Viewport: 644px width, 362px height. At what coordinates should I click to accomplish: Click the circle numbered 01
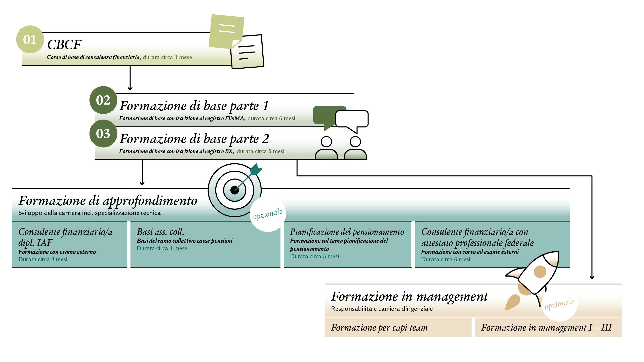tap(30, 39)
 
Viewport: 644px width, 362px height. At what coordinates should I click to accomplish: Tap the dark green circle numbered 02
tap(103, 100)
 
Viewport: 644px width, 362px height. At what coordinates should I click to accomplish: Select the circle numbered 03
tap(103, 133)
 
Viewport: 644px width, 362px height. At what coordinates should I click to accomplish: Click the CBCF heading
tap(64, 45)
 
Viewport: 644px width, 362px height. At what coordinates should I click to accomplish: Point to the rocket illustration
tap(532, 280)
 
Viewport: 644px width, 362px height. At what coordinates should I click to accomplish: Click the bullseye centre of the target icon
tap(234, 190)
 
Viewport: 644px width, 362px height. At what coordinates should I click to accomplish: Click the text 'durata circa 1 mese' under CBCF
tap(167, 57)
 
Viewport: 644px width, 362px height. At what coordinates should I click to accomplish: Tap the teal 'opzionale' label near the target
tap(268, 214)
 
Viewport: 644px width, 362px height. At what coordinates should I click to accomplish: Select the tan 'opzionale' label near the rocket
tap(559, 304)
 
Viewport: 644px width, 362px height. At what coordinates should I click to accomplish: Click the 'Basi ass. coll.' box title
tap(160, 232)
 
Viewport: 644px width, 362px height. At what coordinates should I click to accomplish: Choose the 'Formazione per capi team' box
tap(398, 327)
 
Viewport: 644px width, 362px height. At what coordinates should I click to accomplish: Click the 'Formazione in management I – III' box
tap(548, 327)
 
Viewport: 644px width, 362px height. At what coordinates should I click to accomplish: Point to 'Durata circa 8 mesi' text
tap(43, 259)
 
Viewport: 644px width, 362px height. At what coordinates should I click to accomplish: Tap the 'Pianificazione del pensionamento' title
tap(347, 232)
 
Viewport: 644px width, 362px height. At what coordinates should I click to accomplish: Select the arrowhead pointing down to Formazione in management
tap(592, 277)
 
